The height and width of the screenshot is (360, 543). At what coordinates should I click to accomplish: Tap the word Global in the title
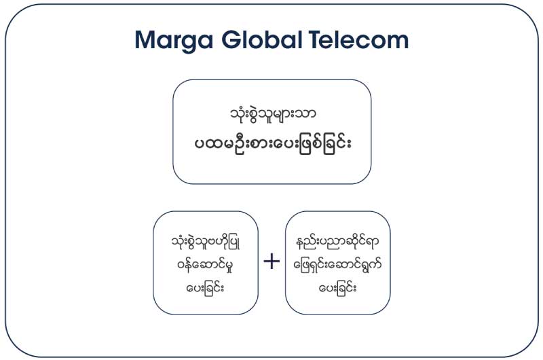coord(261,39)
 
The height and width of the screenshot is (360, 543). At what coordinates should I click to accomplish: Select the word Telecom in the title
coord(358,39)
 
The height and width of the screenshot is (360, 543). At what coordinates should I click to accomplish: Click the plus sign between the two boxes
coord(271,261)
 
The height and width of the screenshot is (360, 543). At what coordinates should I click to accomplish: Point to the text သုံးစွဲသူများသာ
coord(273,114)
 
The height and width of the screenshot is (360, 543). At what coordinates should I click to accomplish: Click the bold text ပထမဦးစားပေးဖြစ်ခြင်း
coord(273,143)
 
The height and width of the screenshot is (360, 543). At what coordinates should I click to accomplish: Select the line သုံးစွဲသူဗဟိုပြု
coord(206,242)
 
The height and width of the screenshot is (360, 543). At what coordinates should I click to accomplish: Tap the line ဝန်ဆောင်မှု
coord(205,266)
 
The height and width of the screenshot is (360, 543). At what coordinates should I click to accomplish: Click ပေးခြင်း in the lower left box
coord(205,287)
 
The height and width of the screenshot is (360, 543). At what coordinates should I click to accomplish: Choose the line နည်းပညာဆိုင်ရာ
coord(337,242)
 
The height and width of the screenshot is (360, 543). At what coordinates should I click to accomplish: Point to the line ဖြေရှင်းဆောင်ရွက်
coord(337,265)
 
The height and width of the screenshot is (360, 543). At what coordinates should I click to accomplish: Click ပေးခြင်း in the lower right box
coord(337,287)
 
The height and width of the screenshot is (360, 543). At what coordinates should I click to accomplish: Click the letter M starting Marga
coord(145,40)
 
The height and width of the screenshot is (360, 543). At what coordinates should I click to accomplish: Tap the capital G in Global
coord(231,39)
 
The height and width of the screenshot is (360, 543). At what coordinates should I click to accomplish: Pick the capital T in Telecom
coord(316,39)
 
